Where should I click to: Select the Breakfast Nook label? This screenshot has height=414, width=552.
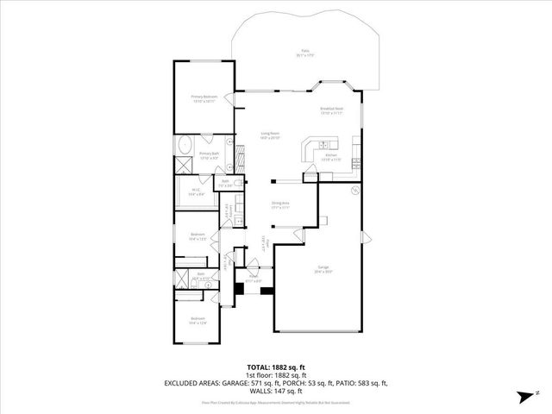[x=331, y=110]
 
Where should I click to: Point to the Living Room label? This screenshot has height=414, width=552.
[x=270, y=134]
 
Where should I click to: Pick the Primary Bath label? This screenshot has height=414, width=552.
[x=210, y=154]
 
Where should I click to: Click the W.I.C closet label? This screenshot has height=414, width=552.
[x=195, y=192]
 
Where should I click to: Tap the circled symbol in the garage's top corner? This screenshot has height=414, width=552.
[x=354, y=189]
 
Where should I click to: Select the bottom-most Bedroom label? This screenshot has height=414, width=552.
[x=198, y=321]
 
